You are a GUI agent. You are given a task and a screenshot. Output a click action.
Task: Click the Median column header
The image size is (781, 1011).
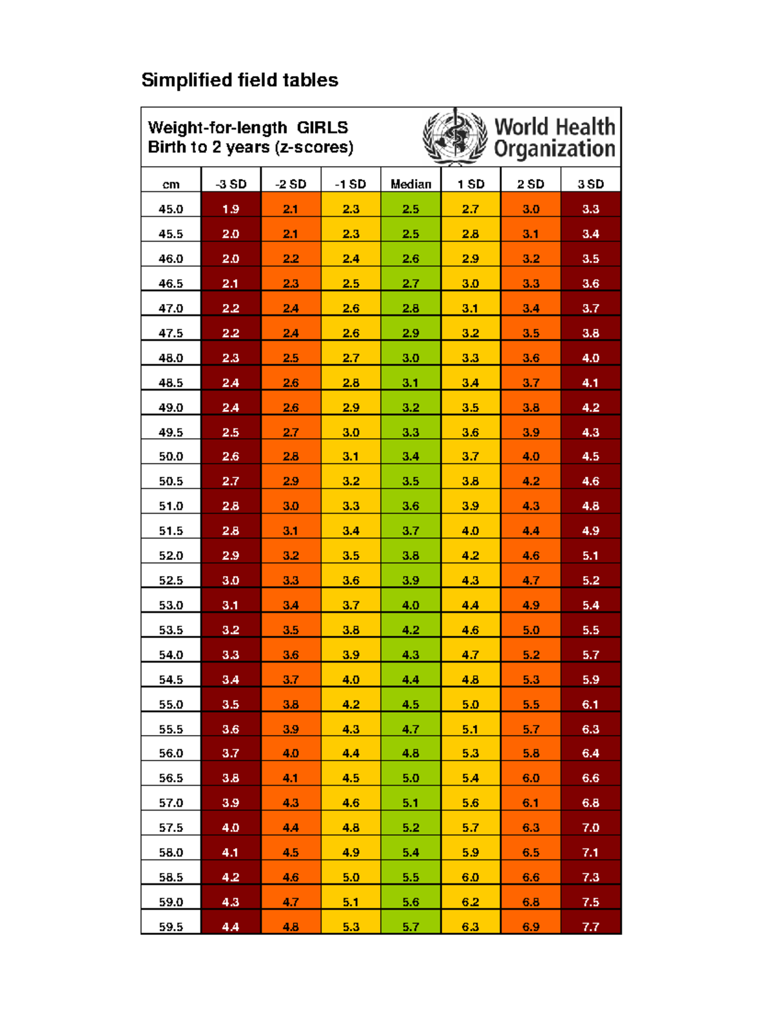click(411, 184)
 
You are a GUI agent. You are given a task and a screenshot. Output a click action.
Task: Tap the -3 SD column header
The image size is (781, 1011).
click(231, 184)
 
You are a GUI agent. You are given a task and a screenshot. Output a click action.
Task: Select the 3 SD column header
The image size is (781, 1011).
click(590, 184)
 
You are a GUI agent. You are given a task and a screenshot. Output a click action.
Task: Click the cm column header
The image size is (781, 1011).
click(171, 184)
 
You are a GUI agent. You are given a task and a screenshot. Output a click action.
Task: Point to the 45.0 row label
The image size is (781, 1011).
click(171, 209)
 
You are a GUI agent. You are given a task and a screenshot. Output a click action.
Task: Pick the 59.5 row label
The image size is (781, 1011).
click(171, 926)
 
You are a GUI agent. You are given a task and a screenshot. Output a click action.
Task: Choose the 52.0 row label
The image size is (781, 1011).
click(171, 555)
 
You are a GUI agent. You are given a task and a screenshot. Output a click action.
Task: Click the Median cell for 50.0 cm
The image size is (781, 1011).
click(411, 456)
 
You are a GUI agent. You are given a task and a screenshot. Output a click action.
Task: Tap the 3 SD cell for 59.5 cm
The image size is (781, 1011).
click(590, 926)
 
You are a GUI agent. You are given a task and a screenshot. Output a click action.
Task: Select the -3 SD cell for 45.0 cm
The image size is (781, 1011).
click(231, 209)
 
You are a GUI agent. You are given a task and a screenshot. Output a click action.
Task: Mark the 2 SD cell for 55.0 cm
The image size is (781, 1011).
click(530, 704)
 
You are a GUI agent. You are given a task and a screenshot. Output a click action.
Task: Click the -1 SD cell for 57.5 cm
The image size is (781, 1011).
click(351, 827)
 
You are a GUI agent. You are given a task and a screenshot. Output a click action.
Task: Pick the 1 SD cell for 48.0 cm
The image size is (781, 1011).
click(471, 358)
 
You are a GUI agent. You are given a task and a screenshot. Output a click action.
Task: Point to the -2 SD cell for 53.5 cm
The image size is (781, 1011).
click(291, 630)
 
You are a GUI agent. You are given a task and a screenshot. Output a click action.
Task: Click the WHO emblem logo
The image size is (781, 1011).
click(455, 137)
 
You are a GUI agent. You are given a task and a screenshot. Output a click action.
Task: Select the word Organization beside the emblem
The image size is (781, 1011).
click(555, 149)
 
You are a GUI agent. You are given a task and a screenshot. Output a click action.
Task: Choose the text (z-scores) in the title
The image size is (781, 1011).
click(314, 147)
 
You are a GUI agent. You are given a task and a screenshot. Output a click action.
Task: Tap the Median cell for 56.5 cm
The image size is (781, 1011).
click(411, 778)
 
